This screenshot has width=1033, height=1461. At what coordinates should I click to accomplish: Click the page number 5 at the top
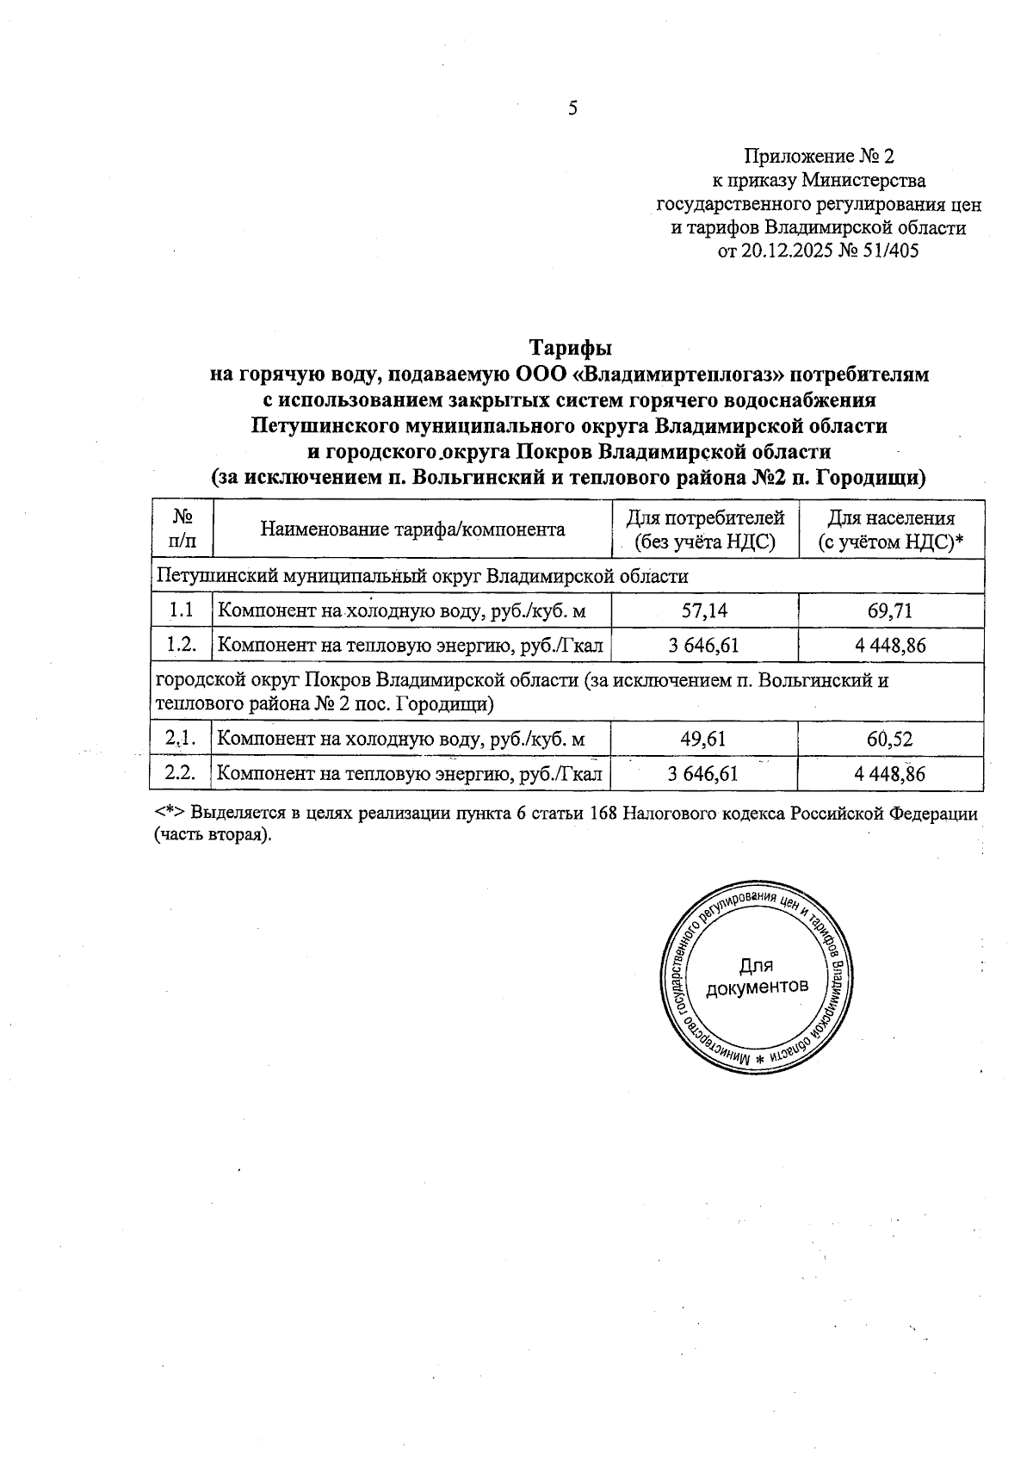(572, 109)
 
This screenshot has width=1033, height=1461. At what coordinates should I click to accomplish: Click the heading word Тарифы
(570, 349)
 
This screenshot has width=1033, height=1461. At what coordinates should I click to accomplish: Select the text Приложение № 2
(819, 157)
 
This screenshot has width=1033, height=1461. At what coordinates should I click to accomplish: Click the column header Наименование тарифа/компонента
(412, 529)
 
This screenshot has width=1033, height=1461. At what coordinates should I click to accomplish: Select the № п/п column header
(182, 529)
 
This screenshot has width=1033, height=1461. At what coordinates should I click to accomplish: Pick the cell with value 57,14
(703, 611)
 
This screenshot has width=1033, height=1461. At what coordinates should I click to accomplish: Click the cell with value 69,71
(890, 611)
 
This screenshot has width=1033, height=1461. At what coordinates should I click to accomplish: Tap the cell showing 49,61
(703, 739)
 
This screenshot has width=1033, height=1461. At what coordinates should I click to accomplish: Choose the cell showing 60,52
(890, 739)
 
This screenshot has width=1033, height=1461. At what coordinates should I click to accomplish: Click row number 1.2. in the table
(181, 645)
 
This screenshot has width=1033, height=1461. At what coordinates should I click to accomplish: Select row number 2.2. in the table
(181, 773)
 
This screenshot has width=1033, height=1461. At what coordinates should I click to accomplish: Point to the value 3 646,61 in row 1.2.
(703, 645)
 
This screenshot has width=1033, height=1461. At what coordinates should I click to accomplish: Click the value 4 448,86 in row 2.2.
(890, 773)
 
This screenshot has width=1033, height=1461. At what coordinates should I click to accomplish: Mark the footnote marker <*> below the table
(170, 814)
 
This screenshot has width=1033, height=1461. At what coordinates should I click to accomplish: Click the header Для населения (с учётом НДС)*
(890, 529)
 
